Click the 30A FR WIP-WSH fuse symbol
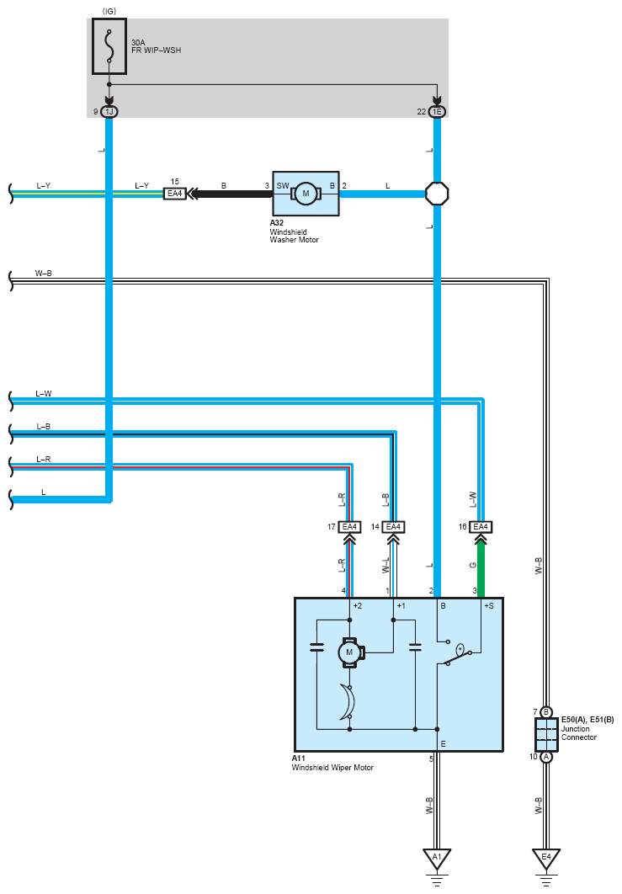[109, 46]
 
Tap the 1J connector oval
[109, 112]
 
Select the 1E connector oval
[437, 112]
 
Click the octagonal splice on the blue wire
[438, 194]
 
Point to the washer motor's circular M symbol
[306, 194]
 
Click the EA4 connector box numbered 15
[174, 194]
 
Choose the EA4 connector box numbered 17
[349, 527]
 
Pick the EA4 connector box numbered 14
[393, 527]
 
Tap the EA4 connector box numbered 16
[481, 527]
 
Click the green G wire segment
[481, 569]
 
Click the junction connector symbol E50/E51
[546, 735]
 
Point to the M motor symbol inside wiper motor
[349, 652]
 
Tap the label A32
[277, 223]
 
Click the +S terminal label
[489, 605]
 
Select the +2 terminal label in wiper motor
[358, 605]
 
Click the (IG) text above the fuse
[109, 12]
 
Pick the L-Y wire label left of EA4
[142, 186]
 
